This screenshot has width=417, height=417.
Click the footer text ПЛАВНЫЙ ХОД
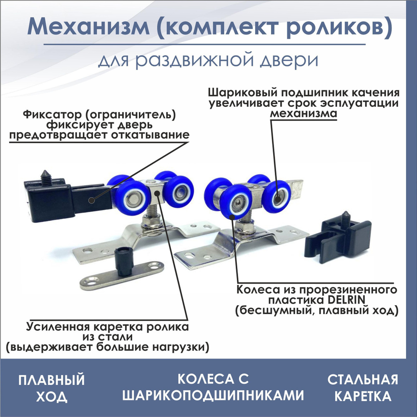pos(51,388)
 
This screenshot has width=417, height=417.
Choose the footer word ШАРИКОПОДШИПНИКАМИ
pos(213,395)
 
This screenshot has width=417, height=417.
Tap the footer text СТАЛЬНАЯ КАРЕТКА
pos(363,388)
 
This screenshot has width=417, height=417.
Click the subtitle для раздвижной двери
pos(208,60)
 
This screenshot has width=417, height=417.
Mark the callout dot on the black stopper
pos(91,200)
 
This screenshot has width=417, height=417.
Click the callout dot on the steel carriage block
pos(157,193)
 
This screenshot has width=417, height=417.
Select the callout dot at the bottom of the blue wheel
pos(232,217)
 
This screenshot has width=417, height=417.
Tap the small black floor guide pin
pos(124,261)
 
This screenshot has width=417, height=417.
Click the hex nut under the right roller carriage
pos(246,227)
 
